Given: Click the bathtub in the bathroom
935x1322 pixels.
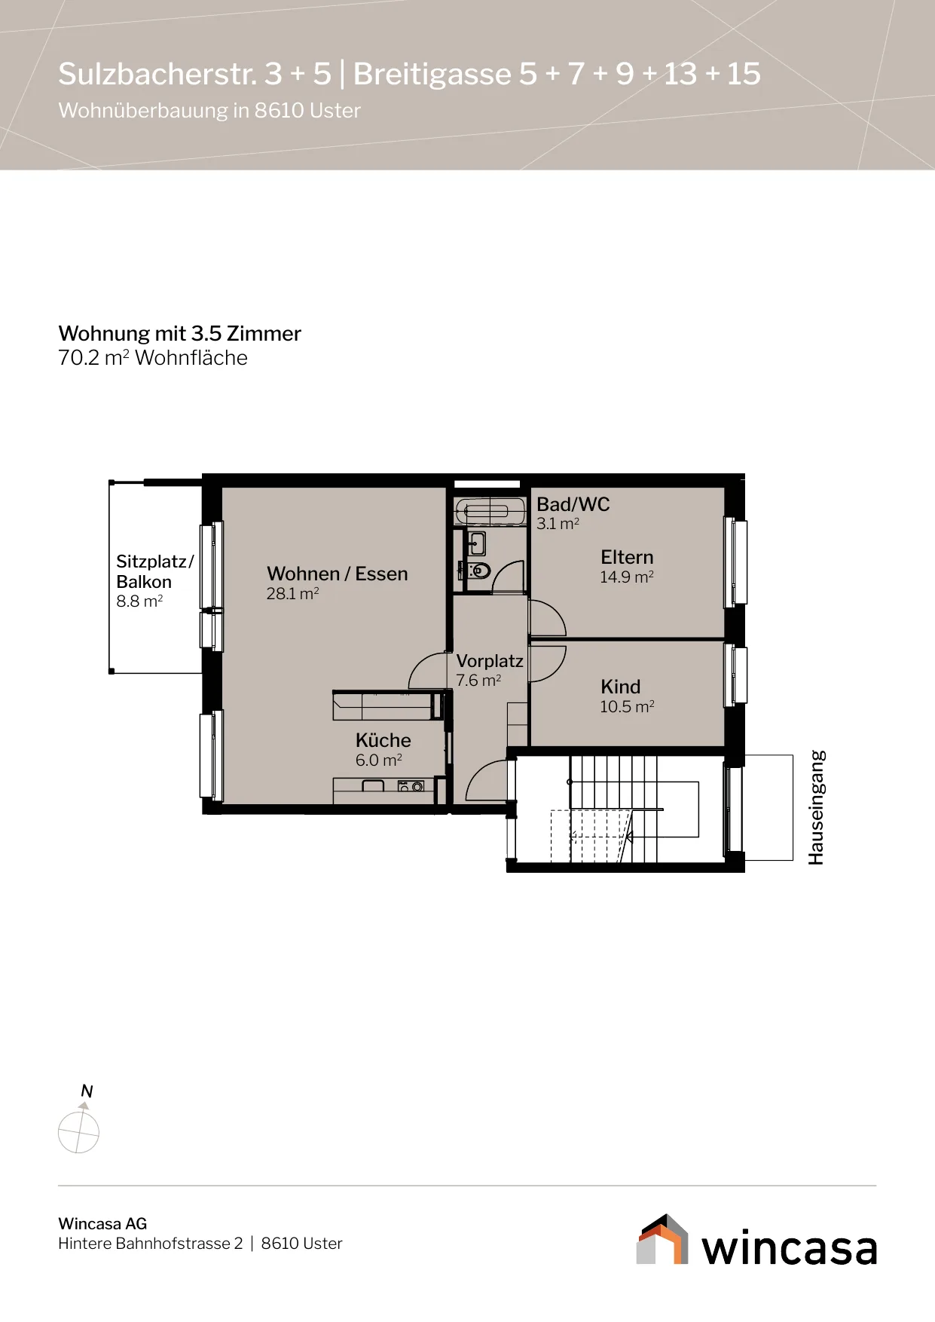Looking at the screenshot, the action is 490,512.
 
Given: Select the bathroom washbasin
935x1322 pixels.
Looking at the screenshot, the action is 476,543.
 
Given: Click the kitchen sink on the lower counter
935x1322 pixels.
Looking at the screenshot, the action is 374,786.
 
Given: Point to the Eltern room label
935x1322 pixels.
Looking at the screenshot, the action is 627,557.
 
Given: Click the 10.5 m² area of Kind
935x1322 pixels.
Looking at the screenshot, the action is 627,707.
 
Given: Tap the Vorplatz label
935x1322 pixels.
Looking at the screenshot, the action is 490,661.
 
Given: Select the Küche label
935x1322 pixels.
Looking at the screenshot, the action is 383,740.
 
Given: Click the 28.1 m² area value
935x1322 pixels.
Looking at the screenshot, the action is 292,594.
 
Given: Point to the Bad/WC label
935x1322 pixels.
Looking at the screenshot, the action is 573,504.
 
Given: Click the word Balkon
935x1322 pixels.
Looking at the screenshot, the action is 144,582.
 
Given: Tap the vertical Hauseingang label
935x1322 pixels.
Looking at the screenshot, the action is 817,807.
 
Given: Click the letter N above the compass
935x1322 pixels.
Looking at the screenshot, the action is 87,1091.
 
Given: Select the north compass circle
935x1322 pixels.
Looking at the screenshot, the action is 78,1132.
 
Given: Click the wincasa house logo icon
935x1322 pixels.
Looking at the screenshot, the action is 662,1239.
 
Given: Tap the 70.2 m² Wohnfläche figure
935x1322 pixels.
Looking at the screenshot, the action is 153,357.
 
